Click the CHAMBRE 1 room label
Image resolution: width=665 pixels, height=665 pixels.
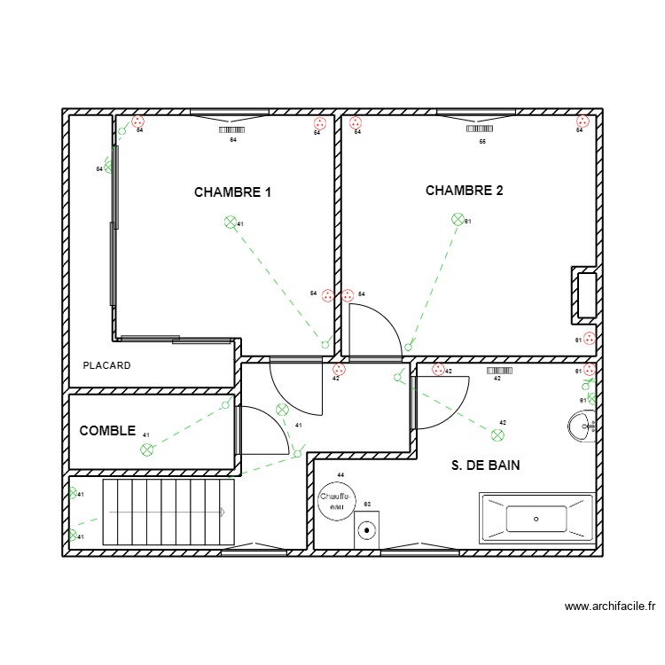pyautogui.click(x=232, y=192)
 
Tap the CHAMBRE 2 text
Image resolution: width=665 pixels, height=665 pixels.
pyautogui.click(x=464, y=191)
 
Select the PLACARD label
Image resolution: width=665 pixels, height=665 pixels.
pyautogui.click(x=106, y=365)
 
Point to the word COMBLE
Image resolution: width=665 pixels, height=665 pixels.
pyautogui.click(x=107, y=431)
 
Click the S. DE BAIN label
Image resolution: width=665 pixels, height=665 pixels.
pyautogui.click(x=485, y=465)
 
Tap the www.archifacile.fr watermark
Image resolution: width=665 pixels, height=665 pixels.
pyautogui.click(x=609, y=607)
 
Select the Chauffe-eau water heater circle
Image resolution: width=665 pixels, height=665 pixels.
pyautogui.click(x=336, y=502)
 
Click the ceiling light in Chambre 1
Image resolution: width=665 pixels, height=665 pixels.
pyautogui.click(x=231, y=222)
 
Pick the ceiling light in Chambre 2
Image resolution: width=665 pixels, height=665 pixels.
pyautogui.click(x=458, y=219)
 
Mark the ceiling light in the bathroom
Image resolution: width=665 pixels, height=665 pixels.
pyautogui.click(x=497, y=434)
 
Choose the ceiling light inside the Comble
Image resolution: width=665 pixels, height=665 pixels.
pyautogui.click(x=146, y=450)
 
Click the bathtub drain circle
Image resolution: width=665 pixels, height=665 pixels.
pyautogui.click(x=536, y=519)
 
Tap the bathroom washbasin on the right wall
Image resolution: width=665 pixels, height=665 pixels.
pyautogui.click(x=581, y=427)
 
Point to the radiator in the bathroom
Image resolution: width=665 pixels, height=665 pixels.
pyautogui.click(x=498, y=369)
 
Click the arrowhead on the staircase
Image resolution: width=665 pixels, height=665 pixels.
pyautogui.click(x=223, y=512)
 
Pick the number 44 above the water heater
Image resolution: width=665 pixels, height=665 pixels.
pyautogui.click(x=340, y=475)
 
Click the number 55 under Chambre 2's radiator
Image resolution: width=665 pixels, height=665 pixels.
pyautogui.click(x=482, y=141)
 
